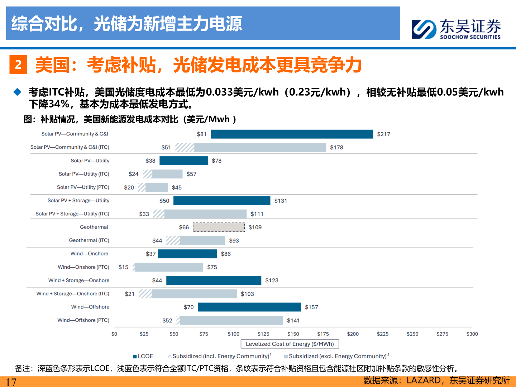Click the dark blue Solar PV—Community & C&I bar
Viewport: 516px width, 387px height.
pos(292,134)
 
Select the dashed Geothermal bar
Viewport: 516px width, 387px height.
pos(219,227)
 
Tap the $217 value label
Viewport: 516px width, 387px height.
pos(383,134)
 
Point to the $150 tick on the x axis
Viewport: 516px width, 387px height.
pos(293,334)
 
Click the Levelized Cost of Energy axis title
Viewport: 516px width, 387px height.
pos(290,344)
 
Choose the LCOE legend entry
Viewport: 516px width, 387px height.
pos(143,356)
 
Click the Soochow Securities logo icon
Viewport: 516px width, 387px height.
pos(424,29)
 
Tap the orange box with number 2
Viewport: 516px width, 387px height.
pos(18,65)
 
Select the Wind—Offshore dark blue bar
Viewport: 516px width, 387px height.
pos(249,307)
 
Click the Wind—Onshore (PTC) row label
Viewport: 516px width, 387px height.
pos(83,267)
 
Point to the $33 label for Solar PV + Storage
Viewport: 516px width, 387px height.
pos(144,214)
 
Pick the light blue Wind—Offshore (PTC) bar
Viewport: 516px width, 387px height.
pos(231,320)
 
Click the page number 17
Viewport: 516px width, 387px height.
pos(11,382)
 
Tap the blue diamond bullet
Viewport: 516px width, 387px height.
pos(18,92)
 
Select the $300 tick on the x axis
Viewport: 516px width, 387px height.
pos(472,334)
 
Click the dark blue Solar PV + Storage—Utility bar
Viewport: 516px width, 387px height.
pos(222,201)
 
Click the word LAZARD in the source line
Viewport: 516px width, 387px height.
pos(424,381)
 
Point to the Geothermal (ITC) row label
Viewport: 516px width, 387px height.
pos(89,240)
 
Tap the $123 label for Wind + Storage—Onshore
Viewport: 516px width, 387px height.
pos(272,281)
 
